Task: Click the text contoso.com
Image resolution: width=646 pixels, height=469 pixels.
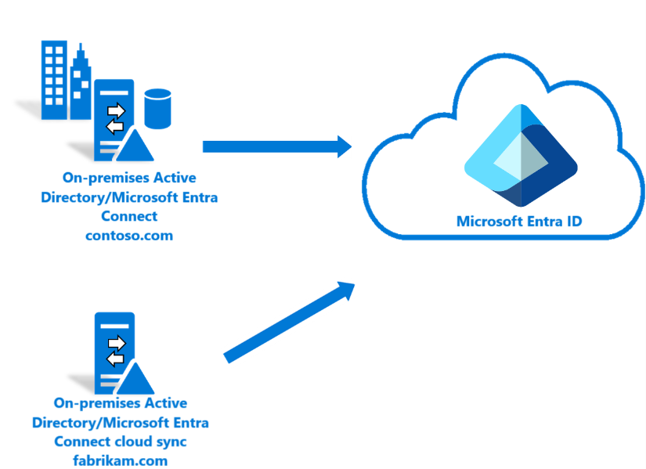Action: point(129,235)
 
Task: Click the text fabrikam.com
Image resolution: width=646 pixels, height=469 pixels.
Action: point(121,460)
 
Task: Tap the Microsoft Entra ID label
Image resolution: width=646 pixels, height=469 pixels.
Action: point(519,222)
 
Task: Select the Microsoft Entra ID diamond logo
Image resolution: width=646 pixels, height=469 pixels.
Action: point(520,156)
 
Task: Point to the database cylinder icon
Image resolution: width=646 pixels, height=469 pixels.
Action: point(157,108)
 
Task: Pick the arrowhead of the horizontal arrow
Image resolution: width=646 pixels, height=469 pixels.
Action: point(341,146)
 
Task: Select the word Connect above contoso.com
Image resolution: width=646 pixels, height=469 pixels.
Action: point(129,216)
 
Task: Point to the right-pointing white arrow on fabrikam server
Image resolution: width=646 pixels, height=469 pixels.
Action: point(116,343)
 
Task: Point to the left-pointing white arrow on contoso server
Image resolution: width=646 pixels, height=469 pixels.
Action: point(115,125)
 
